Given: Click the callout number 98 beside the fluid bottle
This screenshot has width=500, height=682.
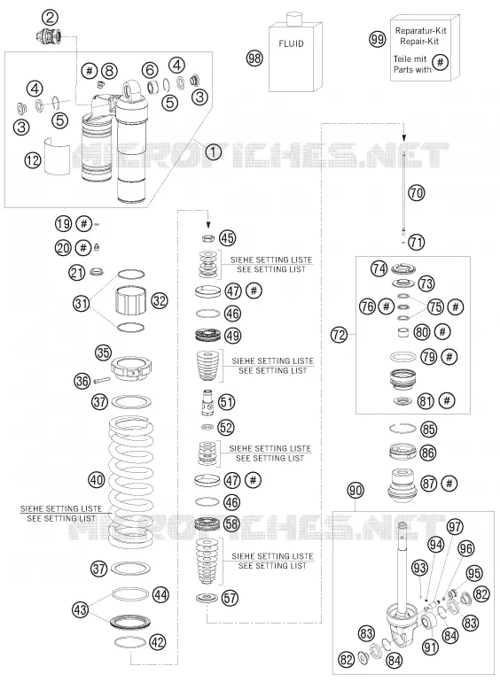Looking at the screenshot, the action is point(254,58).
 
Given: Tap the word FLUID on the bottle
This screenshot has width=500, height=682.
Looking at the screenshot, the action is point(291,43).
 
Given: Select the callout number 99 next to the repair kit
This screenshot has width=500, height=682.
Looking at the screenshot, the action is point(378,39).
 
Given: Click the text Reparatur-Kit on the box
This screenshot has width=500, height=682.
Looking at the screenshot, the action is point(420,31).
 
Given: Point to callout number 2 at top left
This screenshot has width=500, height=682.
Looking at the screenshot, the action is point(50,18).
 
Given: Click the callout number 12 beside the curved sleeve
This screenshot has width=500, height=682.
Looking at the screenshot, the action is point(33,160).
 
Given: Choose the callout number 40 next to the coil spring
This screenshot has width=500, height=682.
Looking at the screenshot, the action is point(97,480).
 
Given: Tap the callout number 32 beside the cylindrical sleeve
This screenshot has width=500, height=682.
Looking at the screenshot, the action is point(160,300).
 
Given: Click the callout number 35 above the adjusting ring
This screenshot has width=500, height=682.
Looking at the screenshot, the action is point(104,352).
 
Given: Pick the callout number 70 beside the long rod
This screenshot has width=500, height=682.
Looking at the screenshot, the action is point(417,192).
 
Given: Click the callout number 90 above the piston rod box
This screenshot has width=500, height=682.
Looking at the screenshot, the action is point(355,491).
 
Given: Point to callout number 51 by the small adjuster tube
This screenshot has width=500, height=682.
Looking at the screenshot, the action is point(226,401).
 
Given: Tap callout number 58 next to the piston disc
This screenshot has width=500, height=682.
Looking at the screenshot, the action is point(231,523).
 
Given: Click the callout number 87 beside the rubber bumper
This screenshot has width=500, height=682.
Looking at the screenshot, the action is point(428,484).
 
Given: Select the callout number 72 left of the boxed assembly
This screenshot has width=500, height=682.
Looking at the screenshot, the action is point(339,335).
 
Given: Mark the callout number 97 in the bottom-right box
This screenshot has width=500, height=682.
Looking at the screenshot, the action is point(455,527).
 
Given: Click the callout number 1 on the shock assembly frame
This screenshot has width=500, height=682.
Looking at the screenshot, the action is point(213,152).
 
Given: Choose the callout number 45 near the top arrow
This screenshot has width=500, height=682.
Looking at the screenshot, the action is point(227,238).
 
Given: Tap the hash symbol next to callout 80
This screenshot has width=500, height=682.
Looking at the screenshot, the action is point(442,332).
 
